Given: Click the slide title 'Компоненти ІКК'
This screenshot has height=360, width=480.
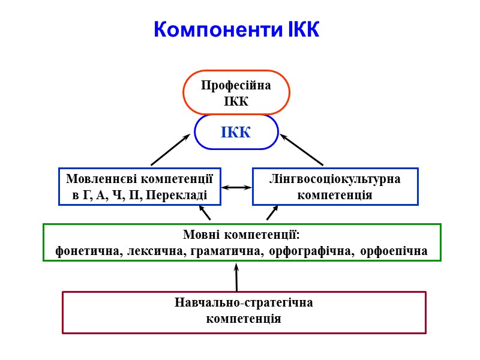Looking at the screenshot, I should click(x=236, y=29).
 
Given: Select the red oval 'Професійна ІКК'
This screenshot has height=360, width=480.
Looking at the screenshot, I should click(x=236, y=92).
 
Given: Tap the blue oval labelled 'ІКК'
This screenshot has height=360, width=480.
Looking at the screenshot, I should click(x=236, y=132).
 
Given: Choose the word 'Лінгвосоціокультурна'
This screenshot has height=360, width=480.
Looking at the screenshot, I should click(x=335, y=179).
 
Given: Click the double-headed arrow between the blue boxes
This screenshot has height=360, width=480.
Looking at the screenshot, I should click(x=236, y=187).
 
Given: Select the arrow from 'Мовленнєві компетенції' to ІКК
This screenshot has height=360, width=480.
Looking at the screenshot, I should click(x=170, y=150).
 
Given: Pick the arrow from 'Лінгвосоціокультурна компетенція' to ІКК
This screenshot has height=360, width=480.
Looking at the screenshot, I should click(x=302, y=150).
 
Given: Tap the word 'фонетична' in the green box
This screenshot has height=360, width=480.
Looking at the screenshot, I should click(x=86, y=251).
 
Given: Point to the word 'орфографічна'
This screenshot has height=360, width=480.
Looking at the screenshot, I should click(x=307, y=251).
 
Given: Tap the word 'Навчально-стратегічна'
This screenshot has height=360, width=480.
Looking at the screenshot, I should click(x=244, y=302).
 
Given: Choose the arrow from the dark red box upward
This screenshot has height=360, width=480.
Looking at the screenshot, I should click(x=236, y=277).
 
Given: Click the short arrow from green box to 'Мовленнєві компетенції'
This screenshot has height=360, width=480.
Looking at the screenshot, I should click(x=205, y=213).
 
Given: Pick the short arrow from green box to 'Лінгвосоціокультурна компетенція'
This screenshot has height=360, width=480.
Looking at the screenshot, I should click(x=272, y=213).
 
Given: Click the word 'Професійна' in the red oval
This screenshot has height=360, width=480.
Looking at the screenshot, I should click(x=236, y=85).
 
